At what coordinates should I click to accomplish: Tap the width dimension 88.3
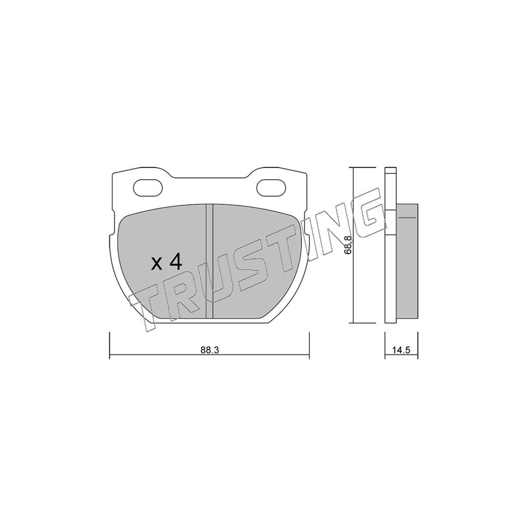209,350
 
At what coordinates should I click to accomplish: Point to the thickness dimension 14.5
401,350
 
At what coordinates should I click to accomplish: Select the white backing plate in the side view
390,245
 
